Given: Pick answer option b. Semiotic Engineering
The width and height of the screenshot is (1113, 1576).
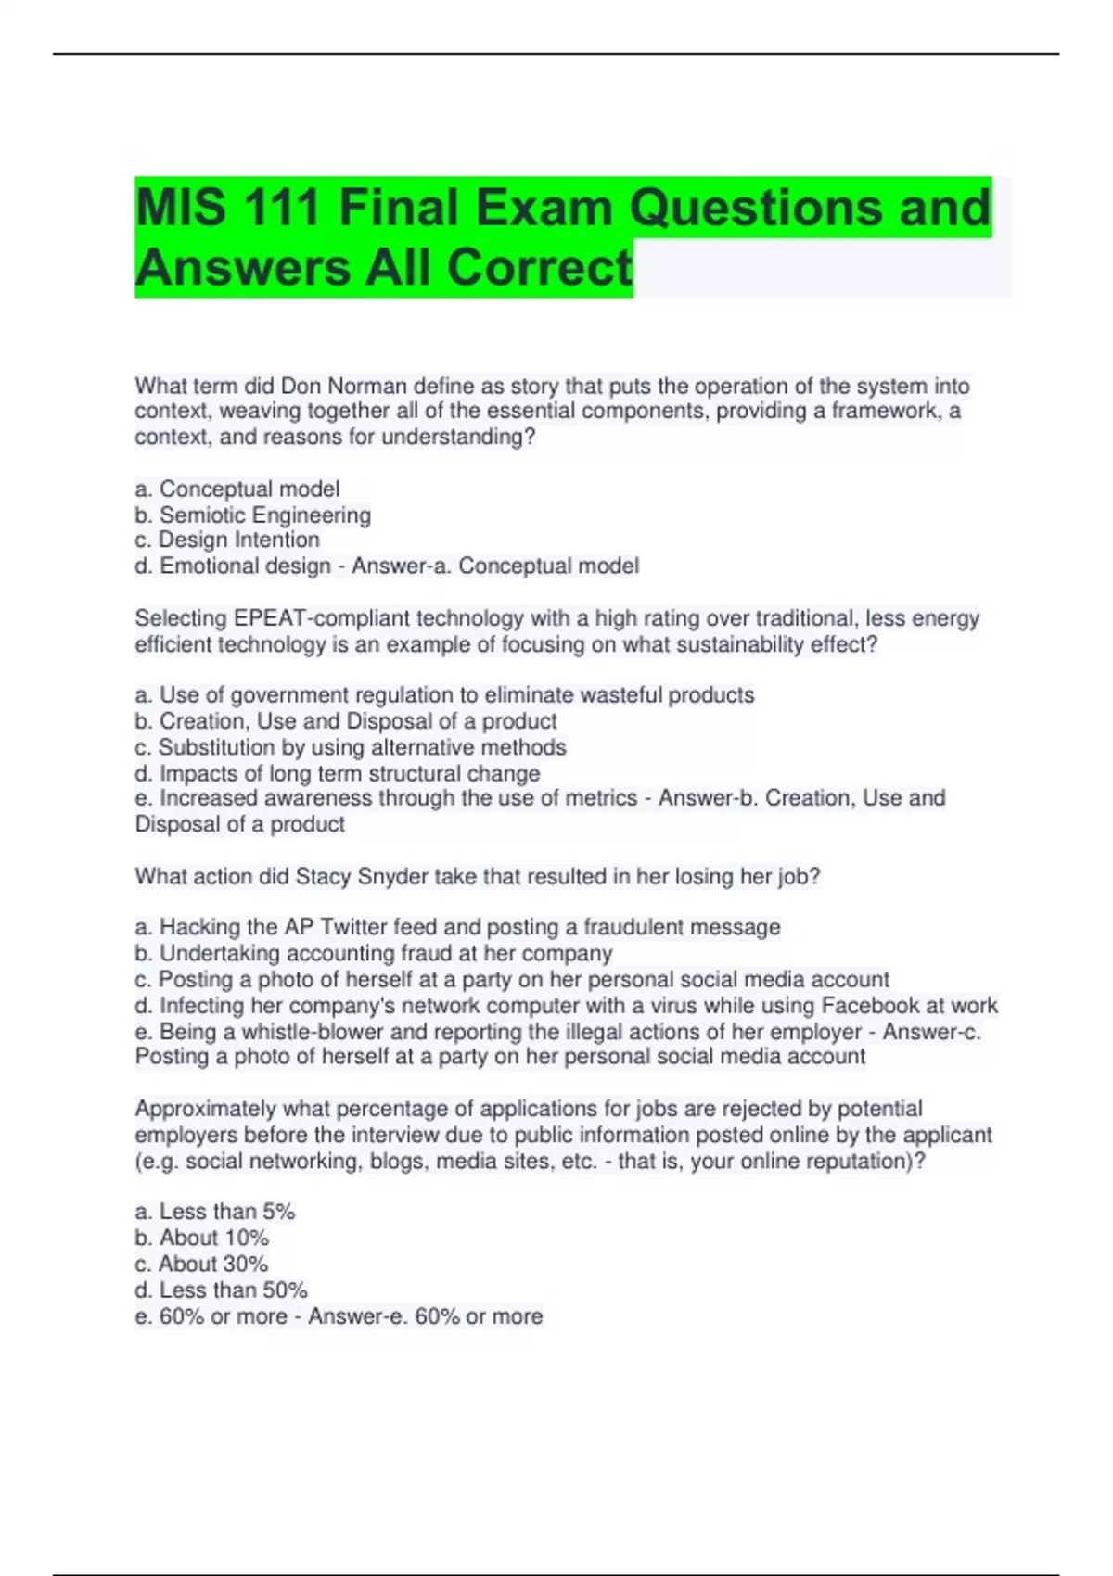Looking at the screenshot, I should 253,515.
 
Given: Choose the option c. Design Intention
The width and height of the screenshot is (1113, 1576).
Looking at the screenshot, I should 227,540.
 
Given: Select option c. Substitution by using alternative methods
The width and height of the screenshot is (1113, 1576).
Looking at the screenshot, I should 351,747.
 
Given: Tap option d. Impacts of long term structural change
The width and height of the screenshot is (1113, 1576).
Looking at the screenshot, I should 338,773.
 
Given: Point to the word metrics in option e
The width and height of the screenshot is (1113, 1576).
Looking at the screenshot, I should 600,798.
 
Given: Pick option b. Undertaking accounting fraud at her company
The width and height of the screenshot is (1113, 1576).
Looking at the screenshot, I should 374,953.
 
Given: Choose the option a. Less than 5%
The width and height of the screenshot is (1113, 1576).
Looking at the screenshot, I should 215,1212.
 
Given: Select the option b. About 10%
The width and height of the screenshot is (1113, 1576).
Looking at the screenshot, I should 202,1238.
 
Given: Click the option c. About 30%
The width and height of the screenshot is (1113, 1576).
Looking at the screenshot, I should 201,1264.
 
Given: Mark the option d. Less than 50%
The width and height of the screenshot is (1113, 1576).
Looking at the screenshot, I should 222,1290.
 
